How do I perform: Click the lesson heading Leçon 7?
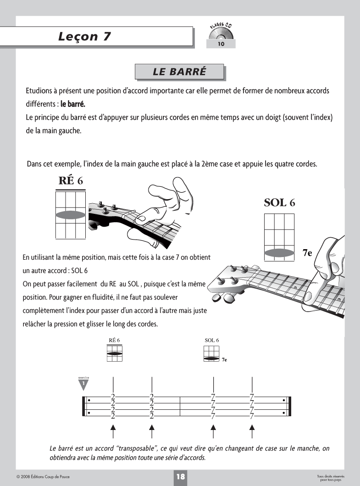tap(85, 37)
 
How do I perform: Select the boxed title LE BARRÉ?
tap(179, 72)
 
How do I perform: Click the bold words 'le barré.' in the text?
tap(70, 104)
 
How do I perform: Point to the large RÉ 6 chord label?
tap(71, 180)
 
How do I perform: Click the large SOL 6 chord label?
tap(279, 202)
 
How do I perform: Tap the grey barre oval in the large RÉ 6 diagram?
tap(70, 215)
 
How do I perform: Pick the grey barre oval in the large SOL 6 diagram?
tap(279, 252)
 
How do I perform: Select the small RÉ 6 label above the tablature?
tap(114, 341)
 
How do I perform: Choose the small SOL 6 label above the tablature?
tap(211, 341)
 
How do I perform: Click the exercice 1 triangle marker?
tap(83, 382)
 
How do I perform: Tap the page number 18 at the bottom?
tap(180, 477)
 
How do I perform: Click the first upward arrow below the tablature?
tap(113, 431)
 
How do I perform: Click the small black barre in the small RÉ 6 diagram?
tap(115, 353)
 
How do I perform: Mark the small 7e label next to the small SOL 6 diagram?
tap(224, 360)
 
